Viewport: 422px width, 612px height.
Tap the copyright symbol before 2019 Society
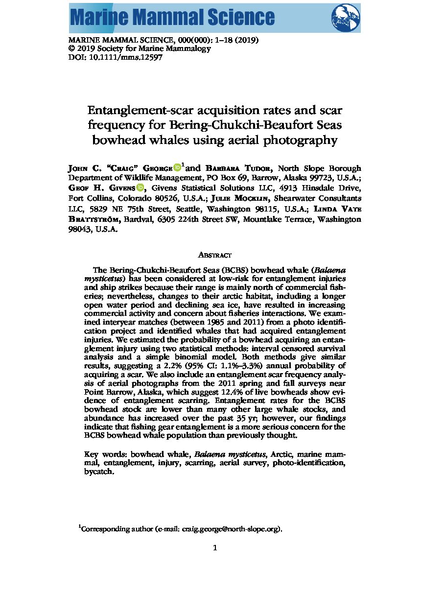[71, 48]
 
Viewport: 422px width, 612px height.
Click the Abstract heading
[214, 255]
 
